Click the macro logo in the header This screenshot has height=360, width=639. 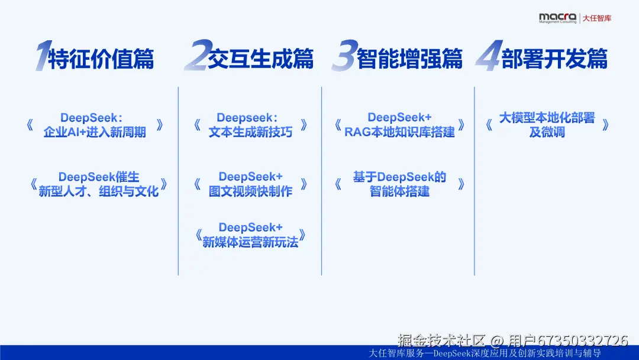[557, 18]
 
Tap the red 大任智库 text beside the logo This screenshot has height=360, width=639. [597, 18]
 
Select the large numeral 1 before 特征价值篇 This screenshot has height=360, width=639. [43, 56]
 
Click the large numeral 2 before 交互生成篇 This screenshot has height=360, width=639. [198, 55]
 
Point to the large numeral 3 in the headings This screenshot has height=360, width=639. [345, 56]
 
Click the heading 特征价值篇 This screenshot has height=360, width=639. [101, 59]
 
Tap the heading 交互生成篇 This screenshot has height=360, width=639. [261, 59]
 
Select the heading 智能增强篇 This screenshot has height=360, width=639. [409, 59]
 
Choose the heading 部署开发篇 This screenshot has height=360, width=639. [554, 59]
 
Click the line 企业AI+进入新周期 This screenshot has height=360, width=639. [95, 132]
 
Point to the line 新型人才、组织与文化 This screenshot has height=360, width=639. [99, 191]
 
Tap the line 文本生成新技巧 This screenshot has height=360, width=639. [251, 132]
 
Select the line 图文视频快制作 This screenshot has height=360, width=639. [251, 191]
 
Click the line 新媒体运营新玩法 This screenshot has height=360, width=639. [251, 242]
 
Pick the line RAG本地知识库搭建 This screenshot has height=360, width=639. [399, 132]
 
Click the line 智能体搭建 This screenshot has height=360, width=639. [399, 191]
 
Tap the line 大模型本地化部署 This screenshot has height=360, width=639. [547, 118]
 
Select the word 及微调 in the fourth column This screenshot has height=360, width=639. [547, 132]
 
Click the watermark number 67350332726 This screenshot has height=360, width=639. [583, 340]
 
